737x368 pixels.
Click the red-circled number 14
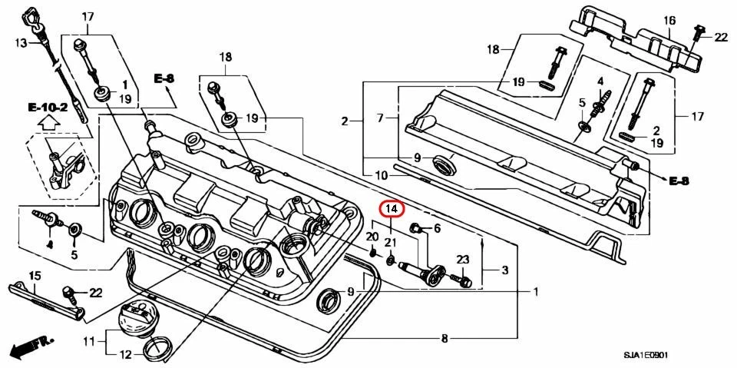[392, 209]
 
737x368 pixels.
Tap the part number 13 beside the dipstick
[21, 43]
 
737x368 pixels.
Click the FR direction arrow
[30, 346]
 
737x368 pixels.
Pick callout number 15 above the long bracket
[35, 276]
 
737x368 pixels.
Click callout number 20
[372, 236]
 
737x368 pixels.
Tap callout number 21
[390, 244]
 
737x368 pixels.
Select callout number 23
[463, 260]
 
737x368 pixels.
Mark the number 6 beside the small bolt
[437, 228]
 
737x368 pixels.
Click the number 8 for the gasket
[445, 338]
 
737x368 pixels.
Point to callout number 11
[89, 340]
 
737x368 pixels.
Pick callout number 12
[125, 355]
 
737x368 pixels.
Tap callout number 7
[380, 118]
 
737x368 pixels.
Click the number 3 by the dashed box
[504, 270]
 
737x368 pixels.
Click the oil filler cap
[135, 322]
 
